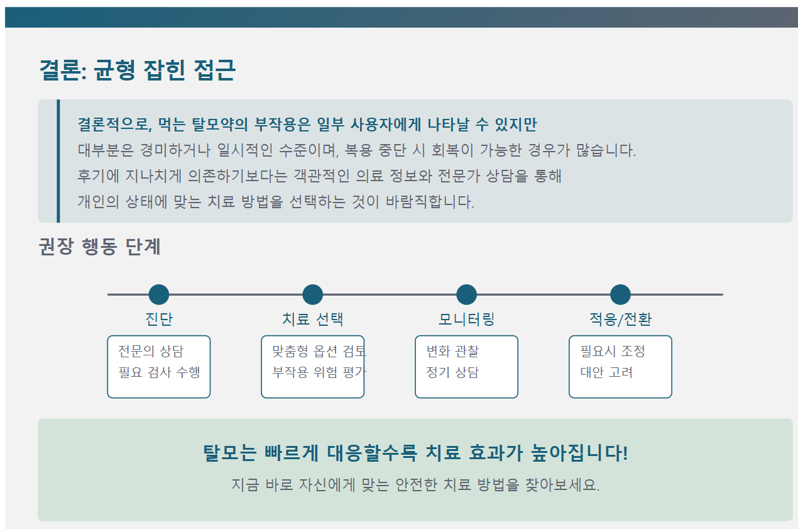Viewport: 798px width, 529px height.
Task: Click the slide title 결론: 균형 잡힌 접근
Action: coord(137,70)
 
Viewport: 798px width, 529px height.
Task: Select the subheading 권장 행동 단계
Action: coord(100,247)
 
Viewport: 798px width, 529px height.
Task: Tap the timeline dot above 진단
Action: coord(159,294)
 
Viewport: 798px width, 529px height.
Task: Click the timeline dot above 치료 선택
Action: coord(313,294)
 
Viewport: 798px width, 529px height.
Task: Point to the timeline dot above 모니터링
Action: coord(466,294)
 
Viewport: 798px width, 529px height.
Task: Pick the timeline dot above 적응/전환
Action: coord(620,294)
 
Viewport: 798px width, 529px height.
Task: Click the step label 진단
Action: coord(159,319)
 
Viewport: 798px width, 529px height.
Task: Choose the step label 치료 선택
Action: coord(313,319)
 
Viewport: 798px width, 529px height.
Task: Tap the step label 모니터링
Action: coord(466,319)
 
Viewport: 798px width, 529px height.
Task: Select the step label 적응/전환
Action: coord(620,319)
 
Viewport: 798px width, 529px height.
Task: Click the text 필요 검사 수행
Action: coord(160,372)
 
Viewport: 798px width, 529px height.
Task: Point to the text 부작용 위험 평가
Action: coord(319,372)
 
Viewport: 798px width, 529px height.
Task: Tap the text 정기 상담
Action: coord(452,372)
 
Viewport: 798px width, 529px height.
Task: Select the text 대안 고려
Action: coord(606,372)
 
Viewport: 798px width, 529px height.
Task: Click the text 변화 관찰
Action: coord(452,351)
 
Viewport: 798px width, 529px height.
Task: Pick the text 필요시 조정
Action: coord(613,351)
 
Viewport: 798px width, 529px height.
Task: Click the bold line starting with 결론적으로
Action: coord(307,124)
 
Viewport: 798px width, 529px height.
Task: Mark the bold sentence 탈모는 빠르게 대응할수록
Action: coord(415,453)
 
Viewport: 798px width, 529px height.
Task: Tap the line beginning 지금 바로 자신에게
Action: coord(415,486)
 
